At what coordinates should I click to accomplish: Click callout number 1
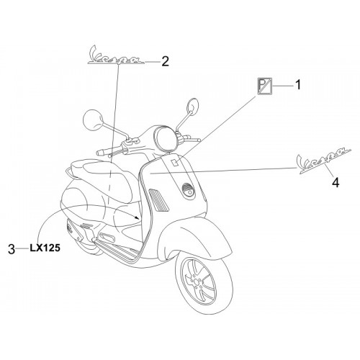[x=297, y=85]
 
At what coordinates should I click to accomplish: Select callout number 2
[x=165, y=61]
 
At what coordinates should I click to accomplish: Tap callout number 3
[x=12, y=249]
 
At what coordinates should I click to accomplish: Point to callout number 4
[x=336, y=182]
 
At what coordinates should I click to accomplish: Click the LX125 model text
[x=45, y=248]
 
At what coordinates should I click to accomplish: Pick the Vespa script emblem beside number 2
[x=116, y=55]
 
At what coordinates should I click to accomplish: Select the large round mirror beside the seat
[x=92, y=120]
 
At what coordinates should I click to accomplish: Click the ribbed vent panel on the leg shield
[x=158, y=200]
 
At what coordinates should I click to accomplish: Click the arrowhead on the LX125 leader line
[x=137, y=217]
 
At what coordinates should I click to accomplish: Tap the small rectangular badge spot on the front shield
[x=174, y=162]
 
